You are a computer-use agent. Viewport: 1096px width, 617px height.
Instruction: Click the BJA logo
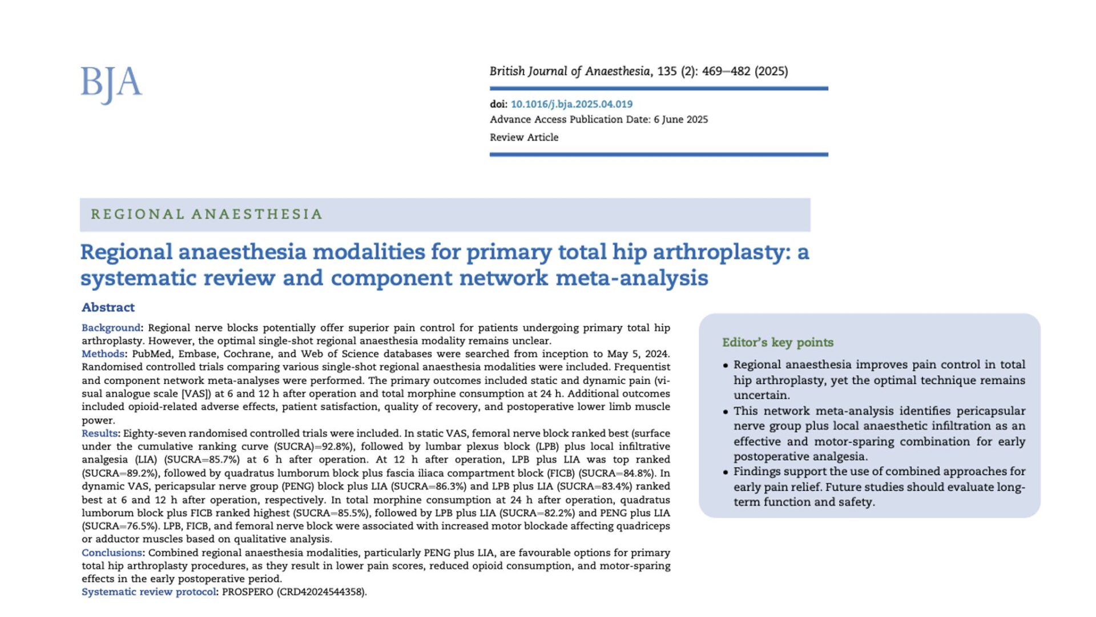coord(111,84)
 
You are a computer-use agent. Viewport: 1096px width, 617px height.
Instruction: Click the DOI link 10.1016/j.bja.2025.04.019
coord(571,104)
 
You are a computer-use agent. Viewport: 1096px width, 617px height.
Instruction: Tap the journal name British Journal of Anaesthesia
coord(570,71)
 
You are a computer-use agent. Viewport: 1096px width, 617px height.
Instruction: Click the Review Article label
coord(524,137)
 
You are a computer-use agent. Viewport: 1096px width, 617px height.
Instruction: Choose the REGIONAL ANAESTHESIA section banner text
coord(207,214)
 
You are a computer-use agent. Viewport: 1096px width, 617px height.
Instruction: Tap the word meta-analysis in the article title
coord(631,278)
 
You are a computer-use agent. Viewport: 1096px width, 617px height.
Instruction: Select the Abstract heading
coord(108,307)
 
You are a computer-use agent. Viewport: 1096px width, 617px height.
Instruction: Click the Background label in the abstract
coord(111,328)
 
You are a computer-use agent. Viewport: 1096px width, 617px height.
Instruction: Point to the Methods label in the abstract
coord(103,354)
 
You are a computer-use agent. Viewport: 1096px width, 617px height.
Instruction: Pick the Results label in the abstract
coord(99,434)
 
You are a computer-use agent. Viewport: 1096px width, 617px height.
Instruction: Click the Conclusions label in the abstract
coord(112,553)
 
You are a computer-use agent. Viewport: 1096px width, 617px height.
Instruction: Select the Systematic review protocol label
coord(148,592)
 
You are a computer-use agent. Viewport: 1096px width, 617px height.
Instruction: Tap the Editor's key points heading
coord(777,342)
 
